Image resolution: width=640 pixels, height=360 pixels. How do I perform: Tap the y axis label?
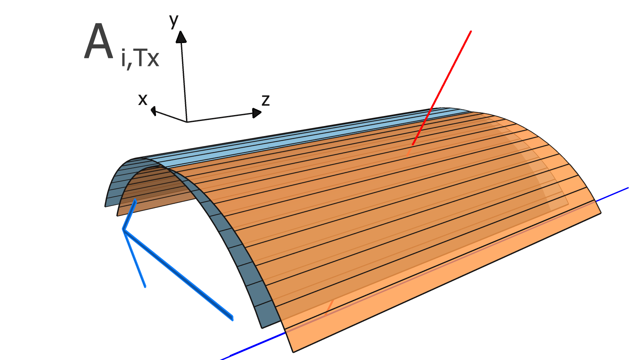pos(174,21)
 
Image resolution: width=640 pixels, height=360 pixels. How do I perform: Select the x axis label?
pos(143,99)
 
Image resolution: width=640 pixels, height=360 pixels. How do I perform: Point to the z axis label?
pos(265,100)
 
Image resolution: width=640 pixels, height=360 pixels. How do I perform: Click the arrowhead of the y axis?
pos(181,36)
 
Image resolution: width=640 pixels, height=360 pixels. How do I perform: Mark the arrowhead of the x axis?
pos(153,110)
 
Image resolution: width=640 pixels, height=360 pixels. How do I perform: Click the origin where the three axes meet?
pos(187,122)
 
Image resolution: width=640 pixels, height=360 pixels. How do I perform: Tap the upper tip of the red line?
pos(471,31)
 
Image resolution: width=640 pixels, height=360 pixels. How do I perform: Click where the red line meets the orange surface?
pos(413,145)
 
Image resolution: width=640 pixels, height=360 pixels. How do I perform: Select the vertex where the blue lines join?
pos(124,229)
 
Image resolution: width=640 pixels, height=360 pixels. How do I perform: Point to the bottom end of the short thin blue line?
pos(145,287)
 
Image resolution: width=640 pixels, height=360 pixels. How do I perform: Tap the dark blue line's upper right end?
pos(628,188)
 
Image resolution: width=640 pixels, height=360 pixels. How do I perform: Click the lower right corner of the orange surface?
pos(601,213)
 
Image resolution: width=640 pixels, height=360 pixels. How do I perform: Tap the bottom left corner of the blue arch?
pos(105,206)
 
